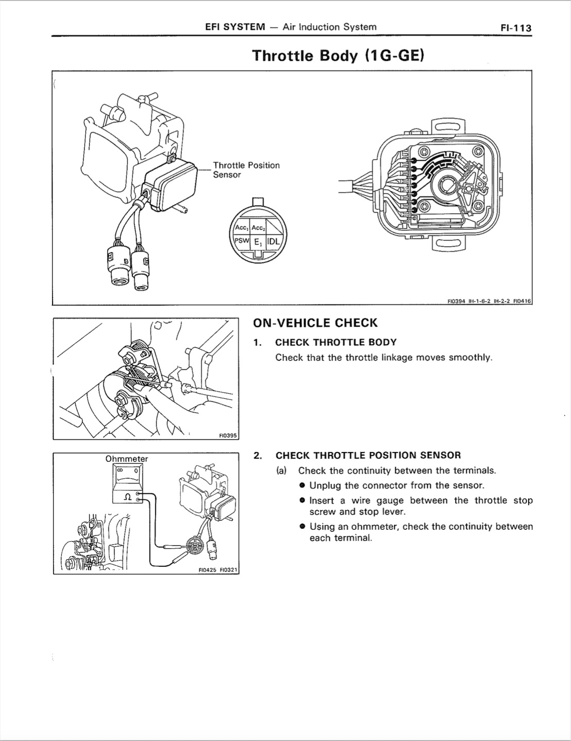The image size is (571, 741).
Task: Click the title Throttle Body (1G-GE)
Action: coord(338,56)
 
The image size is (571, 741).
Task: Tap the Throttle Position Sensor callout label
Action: coord(246,170)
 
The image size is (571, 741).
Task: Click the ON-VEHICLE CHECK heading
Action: coord(315,323)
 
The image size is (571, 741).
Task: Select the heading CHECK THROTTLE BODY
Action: coord(335,342)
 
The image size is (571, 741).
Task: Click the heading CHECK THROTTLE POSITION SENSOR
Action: coord(368,456)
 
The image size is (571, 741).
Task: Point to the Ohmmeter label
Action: coord(126,459)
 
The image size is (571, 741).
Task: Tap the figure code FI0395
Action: coord(227,435)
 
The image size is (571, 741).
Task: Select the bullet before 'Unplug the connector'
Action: coord(303,485)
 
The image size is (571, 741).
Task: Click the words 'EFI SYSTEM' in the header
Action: coord(235,27)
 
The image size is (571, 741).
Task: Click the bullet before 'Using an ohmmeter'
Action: coord(303,527)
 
